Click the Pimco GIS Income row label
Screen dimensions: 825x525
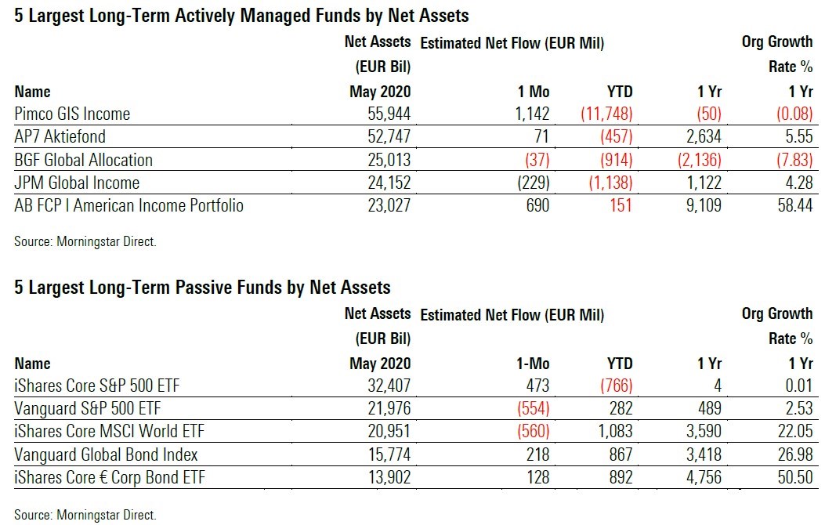[x=72, y=114]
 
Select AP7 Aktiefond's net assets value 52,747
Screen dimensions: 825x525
[x=389, y=137]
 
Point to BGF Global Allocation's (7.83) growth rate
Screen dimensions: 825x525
[x=794, y=160]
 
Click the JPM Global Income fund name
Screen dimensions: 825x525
[x=77, y=183]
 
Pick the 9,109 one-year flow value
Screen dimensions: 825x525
[x=704, y=205]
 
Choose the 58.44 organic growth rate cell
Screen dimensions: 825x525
[x=795, y=205]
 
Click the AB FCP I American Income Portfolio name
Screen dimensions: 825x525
[x=129, y=205]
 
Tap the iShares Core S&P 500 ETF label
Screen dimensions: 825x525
[x=97, y=386]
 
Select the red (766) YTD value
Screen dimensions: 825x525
[x=616, y=386]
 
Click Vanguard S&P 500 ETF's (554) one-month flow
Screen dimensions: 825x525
[x=533, y=408]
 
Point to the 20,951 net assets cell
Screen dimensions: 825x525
[x=389, y=432]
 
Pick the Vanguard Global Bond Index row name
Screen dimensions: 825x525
[x=106, y=454]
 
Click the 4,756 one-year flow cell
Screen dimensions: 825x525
[x=704, y=477]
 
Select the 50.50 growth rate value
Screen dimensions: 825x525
[x=795, y=477]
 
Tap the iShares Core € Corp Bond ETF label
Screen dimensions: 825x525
[x=110, y=477]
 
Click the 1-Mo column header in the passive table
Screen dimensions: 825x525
[x=533, y=364]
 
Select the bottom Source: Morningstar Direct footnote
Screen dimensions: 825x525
[x=85, y=515]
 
